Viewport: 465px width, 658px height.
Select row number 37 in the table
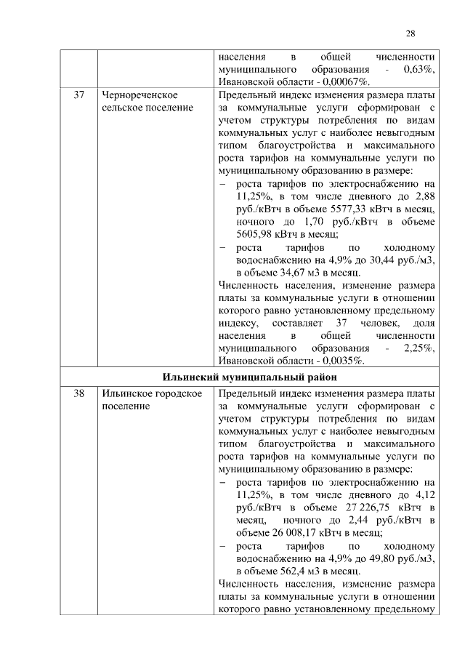79,95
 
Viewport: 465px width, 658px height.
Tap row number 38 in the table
79,394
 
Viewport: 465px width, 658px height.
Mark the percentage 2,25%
418,348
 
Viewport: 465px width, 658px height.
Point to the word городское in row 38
178,394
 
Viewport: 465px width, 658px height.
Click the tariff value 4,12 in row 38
424,494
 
